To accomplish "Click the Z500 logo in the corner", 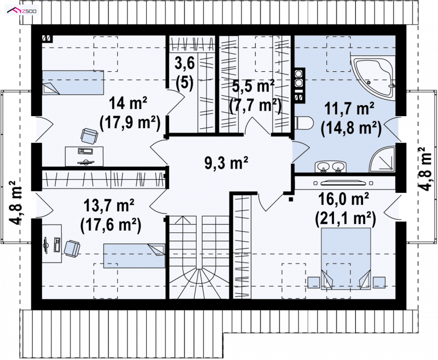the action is tap(22, 11).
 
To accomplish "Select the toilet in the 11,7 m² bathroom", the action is tap(304, 123).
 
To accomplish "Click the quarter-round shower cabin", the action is tap(383, 159).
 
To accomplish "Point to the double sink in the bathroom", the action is tap(331, 167).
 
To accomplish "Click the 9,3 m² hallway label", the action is tap(227, 163).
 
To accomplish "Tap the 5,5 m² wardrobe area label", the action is tap(254, 95).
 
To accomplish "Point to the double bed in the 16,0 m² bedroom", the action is tap(346, 259).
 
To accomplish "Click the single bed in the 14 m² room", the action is tap(73, 82).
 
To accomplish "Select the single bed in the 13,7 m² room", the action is tap(134, 256).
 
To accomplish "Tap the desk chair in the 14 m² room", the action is tap(89, 136).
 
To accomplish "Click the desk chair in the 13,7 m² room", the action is tap(72, 248).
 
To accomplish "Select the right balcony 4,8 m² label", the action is tap(426, 169).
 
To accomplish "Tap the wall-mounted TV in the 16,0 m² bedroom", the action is tap(343, 183).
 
